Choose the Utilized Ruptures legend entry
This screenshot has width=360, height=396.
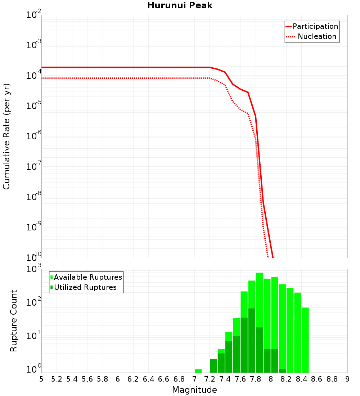click(x=85, y=287)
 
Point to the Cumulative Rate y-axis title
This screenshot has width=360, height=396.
click(x=6, y=136)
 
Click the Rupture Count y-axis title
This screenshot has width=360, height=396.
click(x=14, y=321)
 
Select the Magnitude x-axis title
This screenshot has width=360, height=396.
click(x=194, y=390)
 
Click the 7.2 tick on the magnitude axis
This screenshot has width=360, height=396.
click(x=210, y=379)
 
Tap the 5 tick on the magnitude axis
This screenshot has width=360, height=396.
click(x=41, y=379)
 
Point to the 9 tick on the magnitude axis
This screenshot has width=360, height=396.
click(x=347, y=379)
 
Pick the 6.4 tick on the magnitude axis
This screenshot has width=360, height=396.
click(x=148, y=379)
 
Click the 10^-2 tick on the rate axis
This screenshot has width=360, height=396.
click(x=34, y=15)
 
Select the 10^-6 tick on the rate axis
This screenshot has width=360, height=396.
click(x=34, y=136)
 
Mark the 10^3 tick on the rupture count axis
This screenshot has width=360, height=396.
click(x=34, y=269)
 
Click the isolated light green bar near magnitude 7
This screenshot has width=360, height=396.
click(x=198, y=371)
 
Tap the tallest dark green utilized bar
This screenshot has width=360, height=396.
click(x=252, y=340)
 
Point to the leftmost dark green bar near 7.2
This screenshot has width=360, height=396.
click(x=213, y=366)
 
